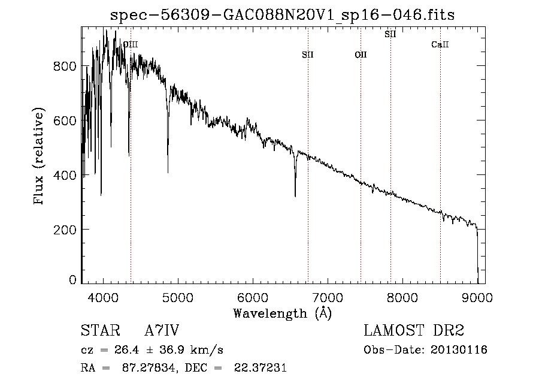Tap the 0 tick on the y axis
click(x=72, y=280)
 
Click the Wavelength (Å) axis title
click(x=282, y=313)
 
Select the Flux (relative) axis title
click(x=40, y=157)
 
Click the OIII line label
click(x=130, y=44)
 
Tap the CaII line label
click(x=440, y=45)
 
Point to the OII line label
click(x=361, y=55)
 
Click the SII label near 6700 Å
click(x=308, y=55)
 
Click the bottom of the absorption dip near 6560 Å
click(x=295, y=195)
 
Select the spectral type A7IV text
click(x=162, y=331)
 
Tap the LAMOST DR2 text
click(x=414, y=331)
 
